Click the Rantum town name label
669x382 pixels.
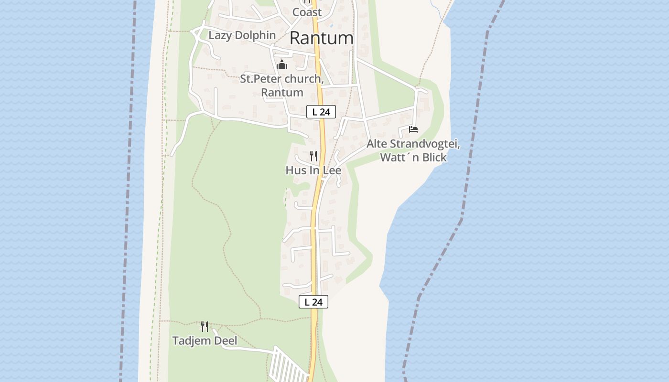322,38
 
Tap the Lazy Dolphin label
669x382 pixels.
242,35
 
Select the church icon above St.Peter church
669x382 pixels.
282,64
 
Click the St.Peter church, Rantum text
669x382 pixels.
282,85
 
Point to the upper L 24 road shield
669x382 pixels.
321,112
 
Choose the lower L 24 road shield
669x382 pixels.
313,302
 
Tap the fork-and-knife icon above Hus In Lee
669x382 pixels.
313,156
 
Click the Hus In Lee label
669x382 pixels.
313,170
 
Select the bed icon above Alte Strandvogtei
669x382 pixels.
413,129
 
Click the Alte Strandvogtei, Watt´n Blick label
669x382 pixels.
413,150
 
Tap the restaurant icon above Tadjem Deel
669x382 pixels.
205,327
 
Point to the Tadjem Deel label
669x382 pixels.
205,341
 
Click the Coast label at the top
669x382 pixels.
307,12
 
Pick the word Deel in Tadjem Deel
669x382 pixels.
227,341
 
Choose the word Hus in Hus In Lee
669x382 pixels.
295,170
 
